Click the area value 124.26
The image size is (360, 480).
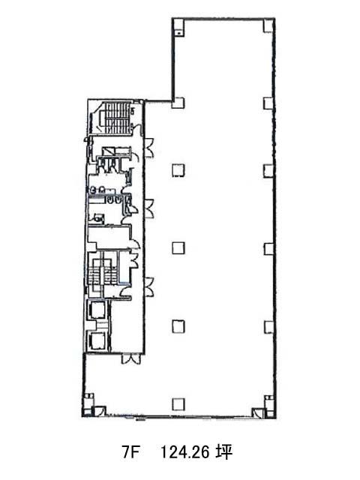point(185,451)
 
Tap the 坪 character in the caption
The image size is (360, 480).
point(223,451)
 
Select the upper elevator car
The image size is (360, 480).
point(97,310)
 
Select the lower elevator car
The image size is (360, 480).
point(97,340)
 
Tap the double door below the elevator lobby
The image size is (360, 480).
point(131,358)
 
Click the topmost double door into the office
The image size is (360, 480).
point(148,148)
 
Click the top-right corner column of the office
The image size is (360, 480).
point(268,25)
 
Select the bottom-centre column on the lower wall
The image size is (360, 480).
point(178,404)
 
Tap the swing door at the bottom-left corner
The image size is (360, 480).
point(100,411)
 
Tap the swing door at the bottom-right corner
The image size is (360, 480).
point(257,412)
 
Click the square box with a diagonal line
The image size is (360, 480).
point(108,151)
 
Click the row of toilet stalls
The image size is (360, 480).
point(107,164)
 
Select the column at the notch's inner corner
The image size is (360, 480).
point(178,103)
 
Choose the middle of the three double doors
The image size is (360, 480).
point(149,208)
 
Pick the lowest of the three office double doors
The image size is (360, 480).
point(149,286)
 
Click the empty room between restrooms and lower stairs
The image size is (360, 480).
point(108,237)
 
